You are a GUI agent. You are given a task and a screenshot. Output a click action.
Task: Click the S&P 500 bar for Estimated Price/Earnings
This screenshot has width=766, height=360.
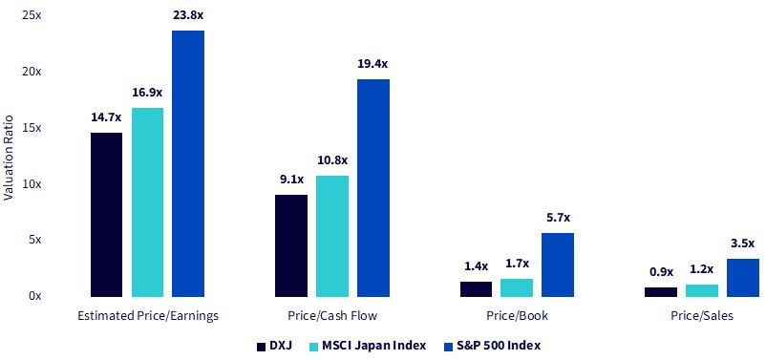click(x=188, y=163)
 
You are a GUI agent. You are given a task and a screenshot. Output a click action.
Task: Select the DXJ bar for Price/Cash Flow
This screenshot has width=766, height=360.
click(x=291, y=245)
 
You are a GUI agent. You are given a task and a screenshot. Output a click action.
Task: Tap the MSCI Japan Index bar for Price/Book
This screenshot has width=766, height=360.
click(x=517, y=287)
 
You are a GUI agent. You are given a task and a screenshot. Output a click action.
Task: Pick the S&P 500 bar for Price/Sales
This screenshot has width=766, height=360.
click(x=743, y=278)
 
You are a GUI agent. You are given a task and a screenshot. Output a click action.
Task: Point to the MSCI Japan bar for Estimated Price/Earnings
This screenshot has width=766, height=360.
click(x=147, y=202)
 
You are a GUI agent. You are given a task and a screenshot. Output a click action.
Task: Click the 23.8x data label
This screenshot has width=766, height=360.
click(x=188, y=15)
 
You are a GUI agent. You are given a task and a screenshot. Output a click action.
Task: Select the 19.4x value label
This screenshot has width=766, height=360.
click(x=373, y=64)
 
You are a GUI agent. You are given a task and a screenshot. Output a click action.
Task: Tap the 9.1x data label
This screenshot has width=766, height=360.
click(x=291, y=180)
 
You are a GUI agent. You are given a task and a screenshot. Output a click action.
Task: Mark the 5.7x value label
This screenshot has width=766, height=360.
click(x=558, y=218)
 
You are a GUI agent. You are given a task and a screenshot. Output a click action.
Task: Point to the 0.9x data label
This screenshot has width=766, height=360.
click(x=661, y=271)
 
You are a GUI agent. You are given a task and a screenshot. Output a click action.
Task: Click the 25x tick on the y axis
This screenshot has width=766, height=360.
click(x=32, y=15)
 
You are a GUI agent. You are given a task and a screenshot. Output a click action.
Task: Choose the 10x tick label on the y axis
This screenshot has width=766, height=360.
click(x=32, y=184)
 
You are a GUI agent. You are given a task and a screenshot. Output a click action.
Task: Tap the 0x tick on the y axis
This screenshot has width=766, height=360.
click(x=34, y=296)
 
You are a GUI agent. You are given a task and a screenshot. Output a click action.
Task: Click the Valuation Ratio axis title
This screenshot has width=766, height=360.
click(x=9, y=158)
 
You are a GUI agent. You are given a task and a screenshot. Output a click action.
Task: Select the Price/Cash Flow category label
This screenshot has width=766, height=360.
click(x=332, y=316)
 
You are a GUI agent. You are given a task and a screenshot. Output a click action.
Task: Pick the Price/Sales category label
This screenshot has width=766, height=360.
click(x=702, y=316)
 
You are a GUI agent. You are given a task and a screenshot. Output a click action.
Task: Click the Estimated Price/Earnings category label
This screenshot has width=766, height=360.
click(x=148, y=316)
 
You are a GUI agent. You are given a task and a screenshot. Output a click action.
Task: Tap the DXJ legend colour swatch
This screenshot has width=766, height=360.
click(x=261, y=347)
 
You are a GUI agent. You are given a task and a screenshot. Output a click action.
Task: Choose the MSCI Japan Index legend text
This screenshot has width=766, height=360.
click(x=374, y=346)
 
